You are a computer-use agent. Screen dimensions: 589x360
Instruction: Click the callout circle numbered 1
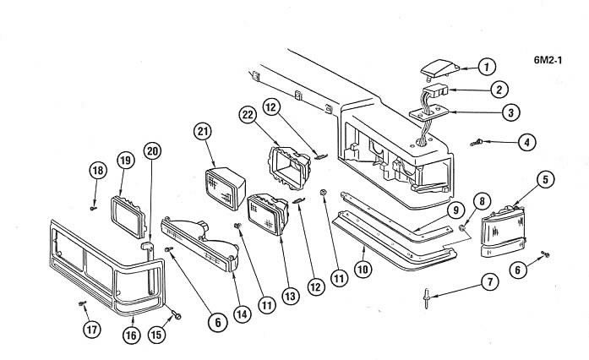click(488, 68)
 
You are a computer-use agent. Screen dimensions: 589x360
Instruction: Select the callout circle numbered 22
click(248, 115)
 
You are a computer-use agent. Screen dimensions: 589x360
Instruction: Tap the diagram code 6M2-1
click(548, 60)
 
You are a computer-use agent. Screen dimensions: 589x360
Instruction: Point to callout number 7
click(490, 282)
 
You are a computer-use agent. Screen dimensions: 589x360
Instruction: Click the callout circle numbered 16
click(131, 335)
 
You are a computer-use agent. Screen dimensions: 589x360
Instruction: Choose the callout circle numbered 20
click(152, 151)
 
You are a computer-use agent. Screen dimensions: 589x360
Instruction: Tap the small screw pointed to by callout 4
click(477, 143)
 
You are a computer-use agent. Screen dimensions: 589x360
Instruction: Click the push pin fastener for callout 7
click(428, 298)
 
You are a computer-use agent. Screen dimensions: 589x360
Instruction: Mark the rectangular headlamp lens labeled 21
click(225, 188)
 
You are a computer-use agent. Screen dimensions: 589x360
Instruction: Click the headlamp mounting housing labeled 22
click(289, 168)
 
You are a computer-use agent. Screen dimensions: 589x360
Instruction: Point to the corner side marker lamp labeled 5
click(502, 231)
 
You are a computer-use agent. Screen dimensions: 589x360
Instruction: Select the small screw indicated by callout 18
click(94, 207)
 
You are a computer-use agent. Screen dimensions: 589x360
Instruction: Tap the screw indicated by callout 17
click(82, 303)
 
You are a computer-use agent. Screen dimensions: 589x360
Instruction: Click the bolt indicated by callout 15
click(176, 315)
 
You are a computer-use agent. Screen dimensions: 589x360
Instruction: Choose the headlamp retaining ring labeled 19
click(128, 217)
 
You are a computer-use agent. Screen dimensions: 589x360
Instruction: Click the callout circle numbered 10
click(363, 270)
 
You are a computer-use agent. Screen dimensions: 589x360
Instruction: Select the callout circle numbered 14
click(243, 314)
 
